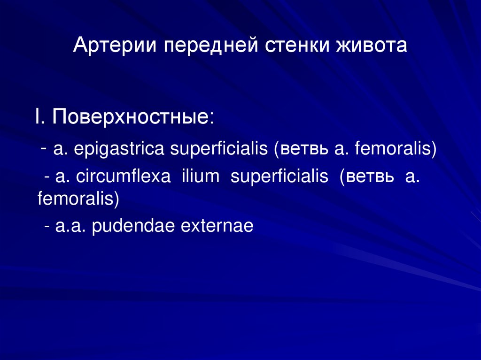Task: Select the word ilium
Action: [201, 177]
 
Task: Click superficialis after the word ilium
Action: [279, 177]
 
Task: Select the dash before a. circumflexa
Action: [47, 177]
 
